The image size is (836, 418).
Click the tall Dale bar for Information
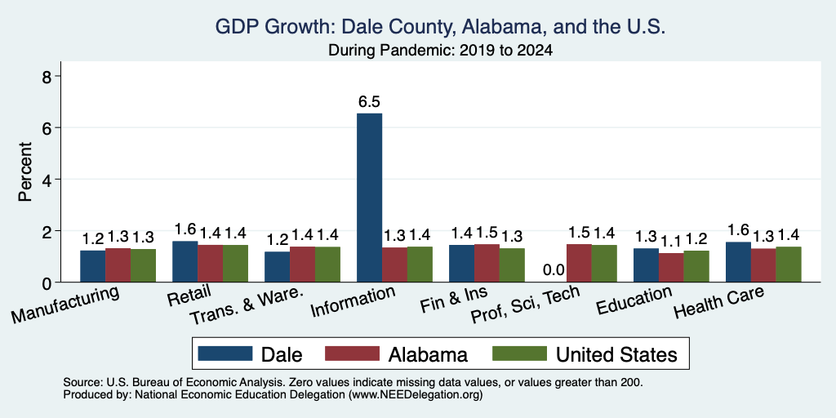pyautogui.click(x=369, y=198)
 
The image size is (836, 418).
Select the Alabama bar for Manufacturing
pyautogui.click(x=118, y=265)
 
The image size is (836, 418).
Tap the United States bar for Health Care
pyautogui.click(x=789, y=264)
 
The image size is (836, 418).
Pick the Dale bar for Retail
pyautogui.click(x=185, y=261)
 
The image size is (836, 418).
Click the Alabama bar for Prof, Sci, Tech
pyautogui.click(x=579, y=263)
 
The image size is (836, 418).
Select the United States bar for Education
pyautogui.click(x=696, y=266)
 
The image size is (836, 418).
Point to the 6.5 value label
pyautogui.click(x=369, y=102)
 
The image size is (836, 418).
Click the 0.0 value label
pyautogui.click(x=554, y=270)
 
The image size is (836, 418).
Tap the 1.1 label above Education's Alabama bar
pyautogui.click(x=671, y=242)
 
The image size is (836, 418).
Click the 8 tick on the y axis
pyautogui.click(x=47, y=76)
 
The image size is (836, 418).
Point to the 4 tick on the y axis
pyautogui.click(x=47, y=179)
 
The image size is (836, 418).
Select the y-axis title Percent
pyautogui.click(x=25, y=171)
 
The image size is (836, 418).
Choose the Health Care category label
pyautogui.click(x=718, y=302)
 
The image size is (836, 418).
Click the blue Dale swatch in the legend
pyautogui.click(x=225, y=354)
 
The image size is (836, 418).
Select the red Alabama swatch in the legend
pyautogui.click(x=352, y=354)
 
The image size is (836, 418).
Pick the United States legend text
pyautogui.click(x=616, y=354)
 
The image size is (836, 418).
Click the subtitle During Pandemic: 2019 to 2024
pyautogui.click(x=440, y=50)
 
